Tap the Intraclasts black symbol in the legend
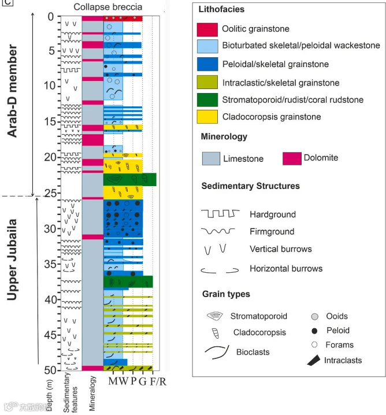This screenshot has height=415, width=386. (316, 360)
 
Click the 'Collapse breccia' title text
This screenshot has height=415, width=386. (108, 6)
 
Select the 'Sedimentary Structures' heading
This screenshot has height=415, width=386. (251, 186)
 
